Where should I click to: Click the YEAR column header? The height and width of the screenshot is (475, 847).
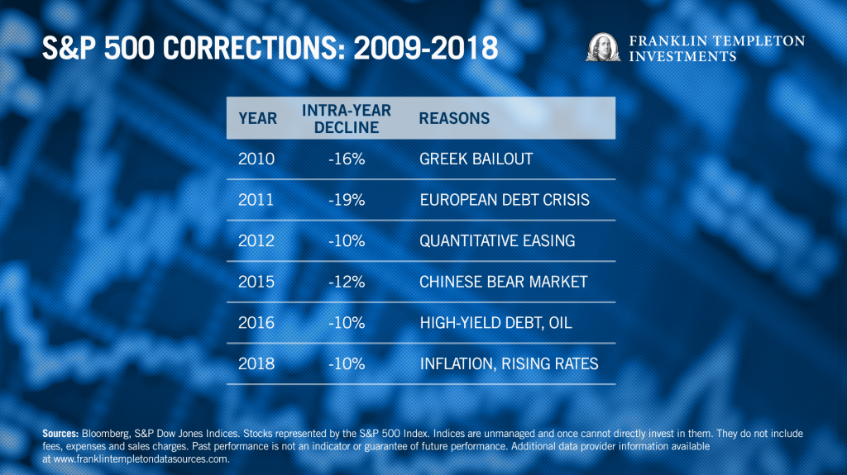click(257, 118)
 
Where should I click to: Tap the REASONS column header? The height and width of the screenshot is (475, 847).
click(454, 118)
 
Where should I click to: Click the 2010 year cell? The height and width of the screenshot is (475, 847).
click(257, 159)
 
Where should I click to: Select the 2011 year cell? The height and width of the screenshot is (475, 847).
click(257, 200)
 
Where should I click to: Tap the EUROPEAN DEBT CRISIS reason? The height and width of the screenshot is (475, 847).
click(505, 200)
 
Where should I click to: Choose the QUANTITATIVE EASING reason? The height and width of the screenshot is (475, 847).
click(497, 241)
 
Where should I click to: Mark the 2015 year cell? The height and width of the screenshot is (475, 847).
click(257, 282)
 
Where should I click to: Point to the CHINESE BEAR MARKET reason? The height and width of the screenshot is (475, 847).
click(503, 282)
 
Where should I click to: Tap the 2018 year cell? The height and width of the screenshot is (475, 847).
click(257, 363)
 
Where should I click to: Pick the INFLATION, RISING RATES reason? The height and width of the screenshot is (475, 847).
click(509, 363)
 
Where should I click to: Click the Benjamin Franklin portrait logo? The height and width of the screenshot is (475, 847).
click(603, 47)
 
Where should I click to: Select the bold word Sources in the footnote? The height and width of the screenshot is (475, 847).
click(59, 433)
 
